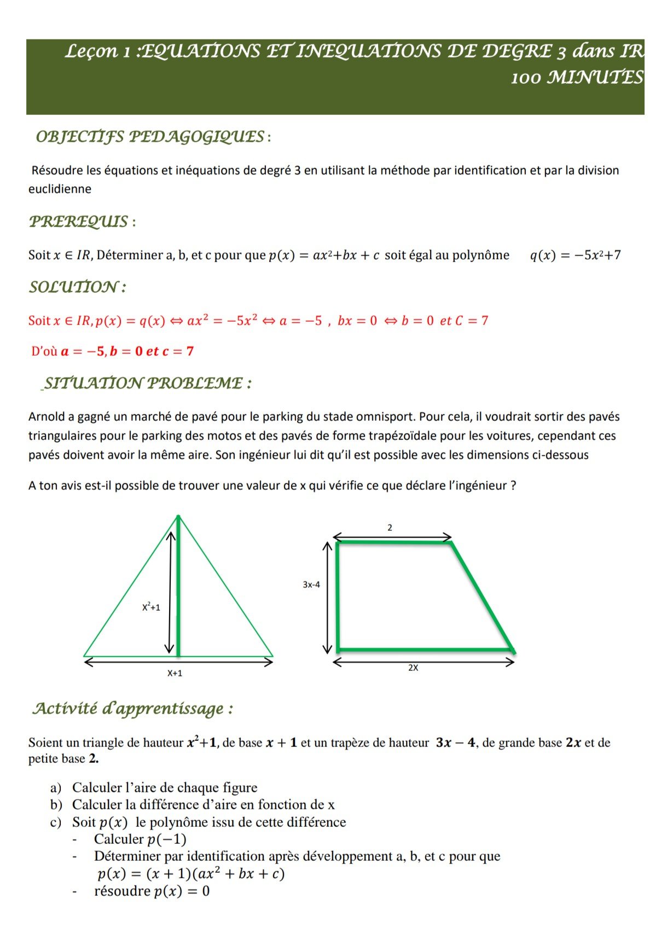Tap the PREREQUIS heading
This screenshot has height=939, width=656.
79,222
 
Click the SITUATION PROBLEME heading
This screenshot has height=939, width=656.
147,383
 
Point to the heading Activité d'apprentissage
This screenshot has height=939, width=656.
131,709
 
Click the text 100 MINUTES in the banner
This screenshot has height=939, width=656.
576,78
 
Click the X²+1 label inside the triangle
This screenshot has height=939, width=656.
151,607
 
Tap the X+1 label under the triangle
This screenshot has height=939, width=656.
175,674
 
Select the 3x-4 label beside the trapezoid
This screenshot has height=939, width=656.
311,585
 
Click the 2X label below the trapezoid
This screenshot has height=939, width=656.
413,668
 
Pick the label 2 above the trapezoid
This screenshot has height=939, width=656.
390,528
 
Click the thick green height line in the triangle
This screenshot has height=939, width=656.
178,591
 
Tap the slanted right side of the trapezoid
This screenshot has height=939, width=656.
481,596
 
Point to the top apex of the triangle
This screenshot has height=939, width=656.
178,517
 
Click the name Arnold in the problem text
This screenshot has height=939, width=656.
46,417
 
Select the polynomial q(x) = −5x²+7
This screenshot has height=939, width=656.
575,256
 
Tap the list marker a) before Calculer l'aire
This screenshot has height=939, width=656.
55,788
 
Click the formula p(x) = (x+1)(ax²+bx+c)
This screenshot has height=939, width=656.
191,874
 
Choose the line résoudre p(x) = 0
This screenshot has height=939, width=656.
152,891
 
